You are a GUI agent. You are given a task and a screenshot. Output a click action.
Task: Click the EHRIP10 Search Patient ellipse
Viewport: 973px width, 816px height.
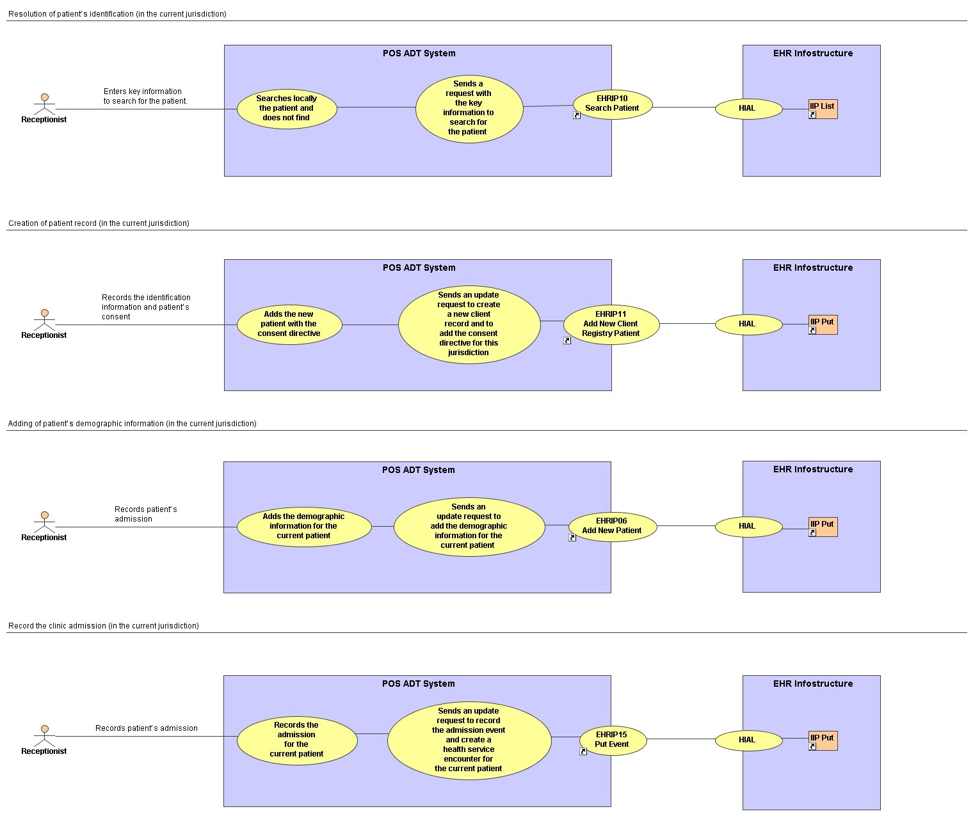tap(612, 104)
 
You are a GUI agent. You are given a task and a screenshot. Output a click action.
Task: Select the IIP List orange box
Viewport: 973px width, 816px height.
tap(823, 109)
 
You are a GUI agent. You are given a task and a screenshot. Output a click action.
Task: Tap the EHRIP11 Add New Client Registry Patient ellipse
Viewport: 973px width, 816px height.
tap(611, 324)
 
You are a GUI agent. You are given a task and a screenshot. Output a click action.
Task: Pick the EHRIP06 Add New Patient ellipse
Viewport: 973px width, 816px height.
tap(613, 527)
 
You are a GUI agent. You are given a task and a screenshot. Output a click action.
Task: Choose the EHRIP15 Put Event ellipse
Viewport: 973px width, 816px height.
tap(613, 740)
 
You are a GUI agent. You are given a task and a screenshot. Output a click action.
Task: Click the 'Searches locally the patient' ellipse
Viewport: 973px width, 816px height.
tap(287, 109)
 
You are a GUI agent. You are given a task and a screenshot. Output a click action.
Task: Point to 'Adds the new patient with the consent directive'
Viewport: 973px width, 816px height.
tap(289, 324)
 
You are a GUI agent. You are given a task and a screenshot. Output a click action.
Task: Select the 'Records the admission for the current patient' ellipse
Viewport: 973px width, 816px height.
tap(297, 740)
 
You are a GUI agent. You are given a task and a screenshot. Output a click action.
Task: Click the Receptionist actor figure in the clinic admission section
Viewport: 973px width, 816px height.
tap(44, 736)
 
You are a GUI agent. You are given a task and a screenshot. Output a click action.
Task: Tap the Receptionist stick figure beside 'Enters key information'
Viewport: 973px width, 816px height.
tap(44, 104)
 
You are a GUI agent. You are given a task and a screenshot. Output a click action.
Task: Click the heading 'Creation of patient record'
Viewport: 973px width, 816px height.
tap(99, 223)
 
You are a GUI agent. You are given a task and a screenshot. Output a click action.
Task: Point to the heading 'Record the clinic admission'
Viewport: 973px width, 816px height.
tap(104, 625)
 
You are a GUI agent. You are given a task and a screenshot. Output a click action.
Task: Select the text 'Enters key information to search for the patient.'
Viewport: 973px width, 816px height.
tap(145, 96)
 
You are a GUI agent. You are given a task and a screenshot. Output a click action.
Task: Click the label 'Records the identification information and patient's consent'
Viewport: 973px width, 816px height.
tap(146, 307)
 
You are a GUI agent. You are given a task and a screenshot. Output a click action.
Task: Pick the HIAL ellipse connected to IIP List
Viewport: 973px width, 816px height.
tap(748, 109)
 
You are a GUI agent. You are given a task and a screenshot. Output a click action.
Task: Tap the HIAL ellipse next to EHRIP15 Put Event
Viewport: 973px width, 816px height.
tap(748, 740)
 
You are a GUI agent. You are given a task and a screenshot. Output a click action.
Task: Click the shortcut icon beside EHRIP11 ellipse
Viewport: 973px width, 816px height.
tap(567, 340)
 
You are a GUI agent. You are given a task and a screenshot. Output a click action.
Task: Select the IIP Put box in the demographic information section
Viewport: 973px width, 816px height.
tap(823, 527)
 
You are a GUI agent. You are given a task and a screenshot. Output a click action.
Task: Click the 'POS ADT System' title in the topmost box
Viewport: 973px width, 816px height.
tap(419, 53)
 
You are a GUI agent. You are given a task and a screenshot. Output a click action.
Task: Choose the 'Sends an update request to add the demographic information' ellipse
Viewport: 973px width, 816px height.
tap(469, 527)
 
